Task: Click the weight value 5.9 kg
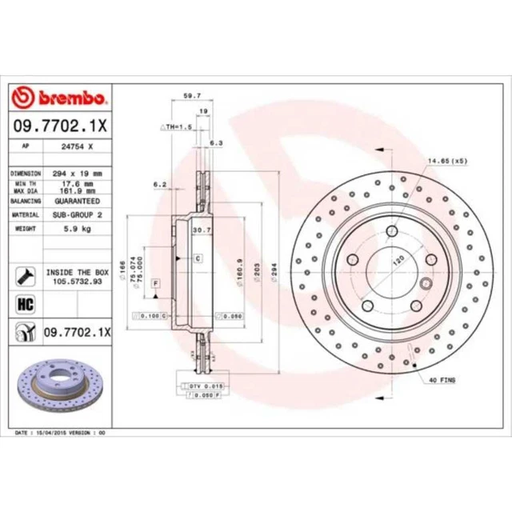point(74,228)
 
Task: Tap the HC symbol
point(23,303)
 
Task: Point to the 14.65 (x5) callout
point(447,162)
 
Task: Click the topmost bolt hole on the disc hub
point(392,232)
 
